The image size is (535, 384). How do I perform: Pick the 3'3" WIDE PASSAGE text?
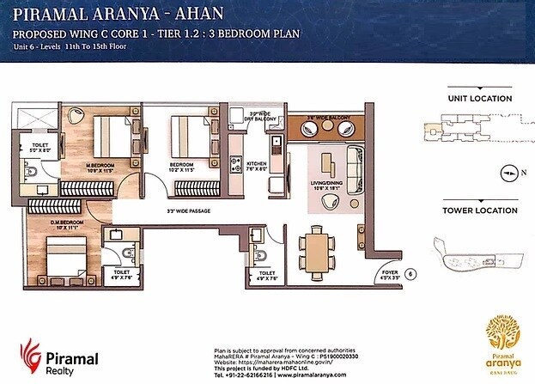[x=189, y=210]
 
